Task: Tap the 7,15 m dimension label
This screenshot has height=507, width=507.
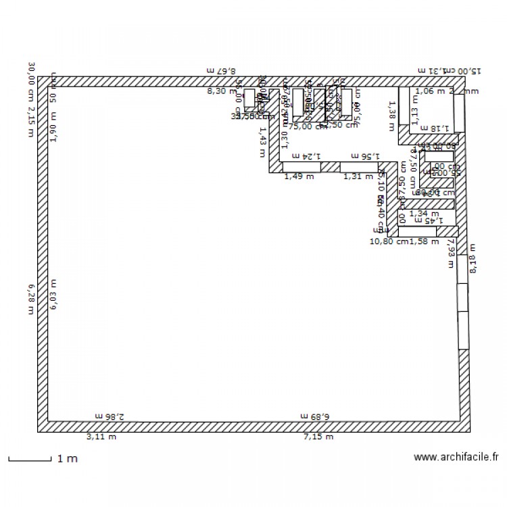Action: (x=318, y=437)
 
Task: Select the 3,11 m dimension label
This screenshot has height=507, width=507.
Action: (x=101, y=437)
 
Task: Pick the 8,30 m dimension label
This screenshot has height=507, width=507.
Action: (x=219, y=91)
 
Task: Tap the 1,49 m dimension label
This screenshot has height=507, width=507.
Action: (x=299, y=176)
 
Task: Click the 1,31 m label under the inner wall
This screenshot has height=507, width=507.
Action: (x=358, y=176)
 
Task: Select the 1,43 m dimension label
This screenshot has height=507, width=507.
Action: (x=262, y=143)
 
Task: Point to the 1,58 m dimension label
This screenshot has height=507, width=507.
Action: (x=425, y=241)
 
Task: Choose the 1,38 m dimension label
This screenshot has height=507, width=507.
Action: (x=390, y=111)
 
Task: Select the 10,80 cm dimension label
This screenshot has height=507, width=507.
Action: (x=389, y=241)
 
